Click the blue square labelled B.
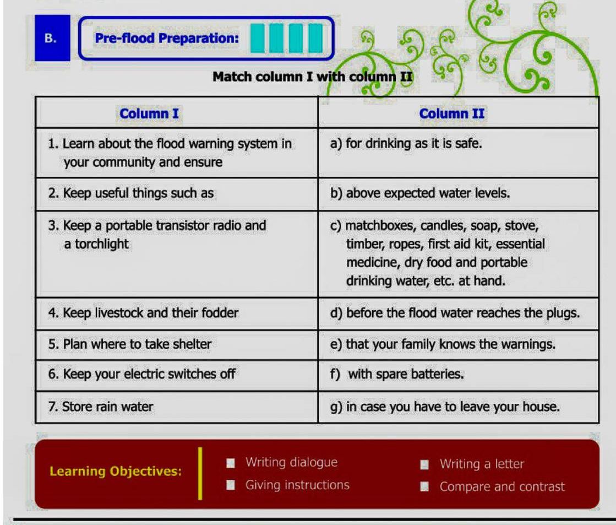point(52,38)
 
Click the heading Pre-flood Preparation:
point(167,38)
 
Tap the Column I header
point(149,113)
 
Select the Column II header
point(452,113)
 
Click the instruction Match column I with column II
point(313,76)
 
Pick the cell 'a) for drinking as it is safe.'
point(406,144)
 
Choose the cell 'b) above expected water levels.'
point(420,193)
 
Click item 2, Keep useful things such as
point(131,193)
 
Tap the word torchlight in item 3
point(102,244)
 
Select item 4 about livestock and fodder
point(143,313)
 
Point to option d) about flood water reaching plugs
point(455,313)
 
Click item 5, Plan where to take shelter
point(130,344)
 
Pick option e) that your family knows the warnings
point(443,344)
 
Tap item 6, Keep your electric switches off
point(142,374)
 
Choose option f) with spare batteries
point(397,374)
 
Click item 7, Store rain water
point(101,407)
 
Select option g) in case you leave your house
point(445,407)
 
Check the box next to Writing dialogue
point(231,463)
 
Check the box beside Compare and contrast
point(424,487)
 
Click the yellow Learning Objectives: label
point(116,471)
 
